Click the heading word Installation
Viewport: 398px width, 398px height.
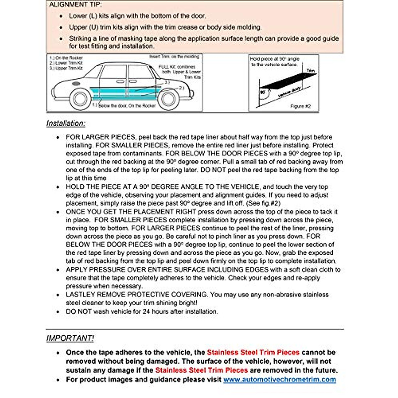coord(66,123)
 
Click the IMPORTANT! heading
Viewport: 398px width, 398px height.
coord(70,338)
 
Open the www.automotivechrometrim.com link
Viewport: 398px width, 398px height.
coord(279,379)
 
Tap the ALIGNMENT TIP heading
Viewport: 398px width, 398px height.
coord(76,5)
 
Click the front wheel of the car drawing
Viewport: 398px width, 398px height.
coord(80,98)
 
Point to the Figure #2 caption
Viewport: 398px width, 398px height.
coord(300,106)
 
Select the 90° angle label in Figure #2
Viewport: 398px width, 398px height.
coord(263,92)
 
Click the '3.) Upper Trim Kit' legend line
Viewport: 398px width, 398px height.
coord(66,68)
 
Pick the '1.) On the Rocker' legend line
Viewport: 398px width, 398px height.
coord(66,58)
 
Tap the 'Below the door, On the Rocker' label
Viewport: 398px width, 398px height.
coord(126,106)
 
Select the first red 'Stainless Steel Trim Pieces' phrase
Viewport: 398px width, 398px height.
coord(253,352)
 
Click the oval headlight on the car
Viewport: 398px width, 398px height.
coord(76,83)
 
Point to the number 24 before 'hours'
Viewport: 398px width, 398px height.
coord(146,311)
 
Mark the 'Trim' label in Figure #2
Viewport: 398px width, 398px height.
coord(310,71)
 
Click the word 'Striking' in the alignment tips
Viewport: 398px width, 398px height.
coord(81,38)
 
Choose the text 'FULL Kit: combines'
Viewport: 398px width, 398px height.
coord(177,67)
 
